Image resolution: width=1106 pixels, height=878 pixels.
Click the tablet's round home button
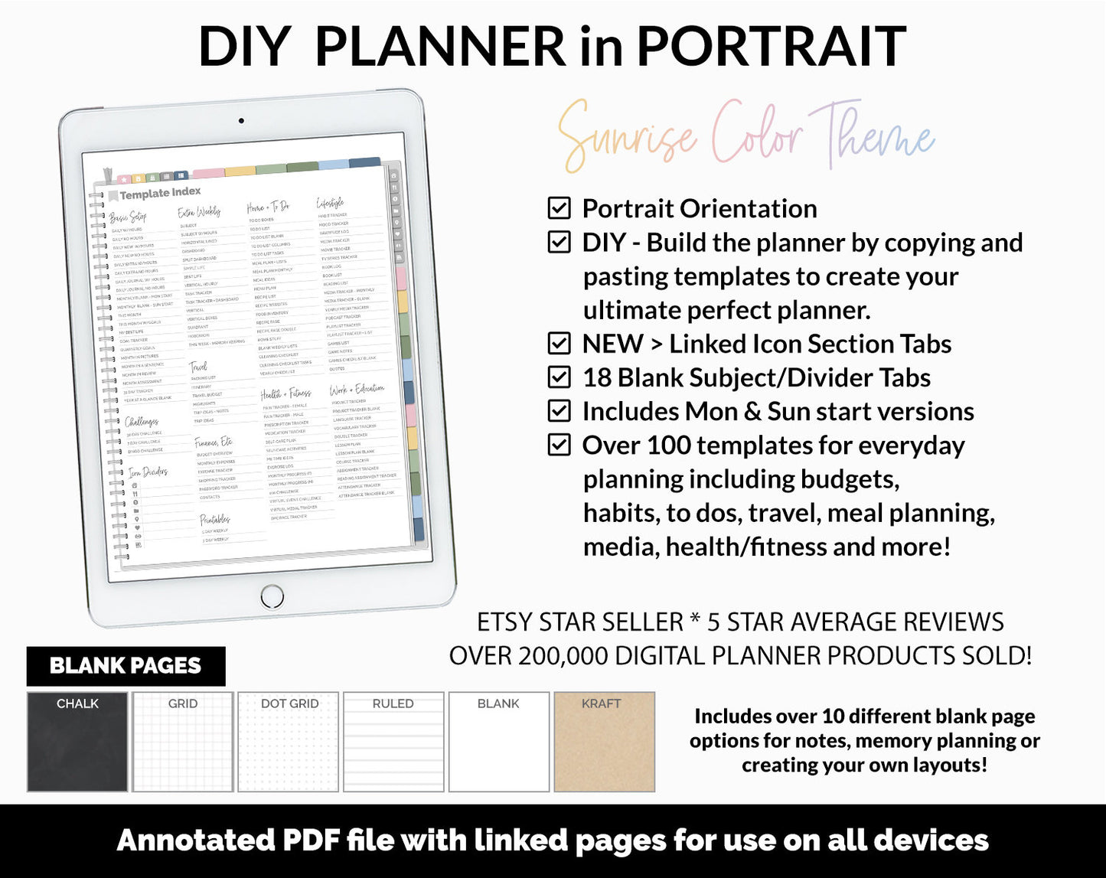272,596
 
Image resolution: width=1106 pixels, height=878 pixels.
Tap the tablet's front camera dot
241,121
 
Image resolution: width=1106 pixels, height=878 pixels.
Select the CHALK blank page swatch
77,742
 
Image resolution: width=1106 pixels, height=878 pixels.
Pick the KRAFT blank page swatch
604,742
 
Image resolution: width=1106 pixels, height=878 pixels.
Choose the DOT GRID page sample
289,742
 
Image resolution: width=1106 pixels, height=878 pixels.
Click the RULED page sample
393,742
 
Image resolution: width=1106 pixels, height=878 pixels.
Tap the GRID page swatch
183,742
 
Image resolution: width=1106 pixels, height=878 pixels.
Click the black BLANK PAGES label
126,666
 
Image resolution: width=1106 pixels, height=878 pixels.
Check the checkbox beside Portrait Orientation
560,208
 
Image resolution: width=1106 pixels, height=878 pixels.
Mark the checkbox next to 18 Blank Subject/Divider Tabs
560,377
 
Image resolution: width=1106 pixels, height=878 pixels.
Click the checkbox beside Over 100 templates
560,445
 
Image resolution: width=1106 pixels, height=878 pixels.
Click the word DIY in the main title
244,47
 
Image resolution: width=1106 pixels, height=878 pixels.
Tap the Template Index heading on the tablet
160,193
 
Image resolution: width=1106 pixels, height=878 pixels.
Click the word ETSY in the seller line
505,622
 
